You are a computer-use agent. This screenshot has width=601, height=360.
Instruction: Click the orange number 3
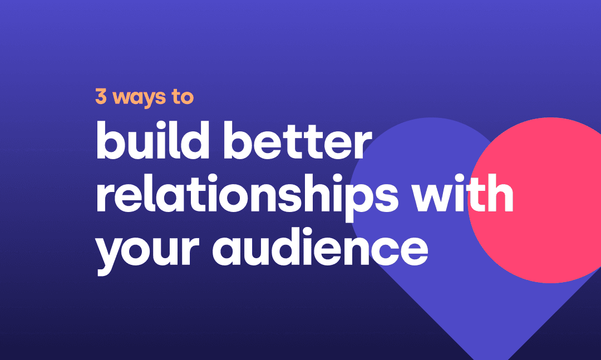pos(101,96)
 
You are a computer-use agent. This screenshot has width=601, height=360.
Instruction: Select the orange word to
pos(183,97)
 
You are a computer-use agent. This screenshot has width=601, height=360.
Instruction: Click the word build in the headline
pos(152,140)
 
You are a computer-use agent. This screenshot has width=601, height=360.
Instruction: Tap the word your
pos(147,251)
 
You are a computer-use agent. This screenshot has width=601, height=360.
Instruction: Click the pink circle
pos(544,200)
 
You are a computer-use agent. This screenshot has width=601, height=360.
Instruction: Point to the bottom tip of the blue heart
pos(491,359)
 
